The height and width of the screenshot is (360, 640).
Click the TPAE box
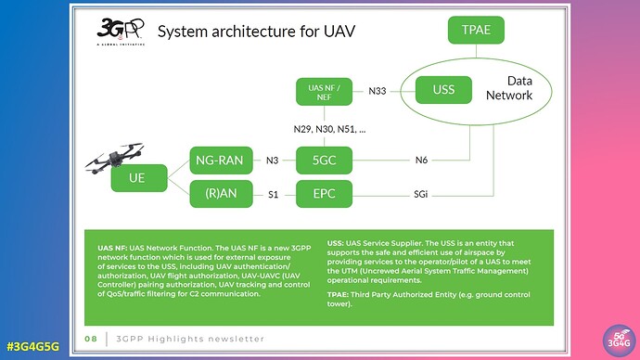[x=477, y=31]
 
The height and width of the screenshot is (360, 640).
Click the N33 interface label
[x=378, y=91]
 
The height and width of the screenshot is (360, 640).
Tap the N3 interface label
[x=272, y=160]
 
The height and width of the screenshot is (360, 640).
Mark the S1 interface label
[x=272, y=195]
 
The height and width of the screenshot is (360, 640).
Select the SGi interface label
[x=420, y=195]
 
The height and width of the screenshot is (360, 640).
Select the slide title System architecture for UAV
[x=256, y=32]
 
